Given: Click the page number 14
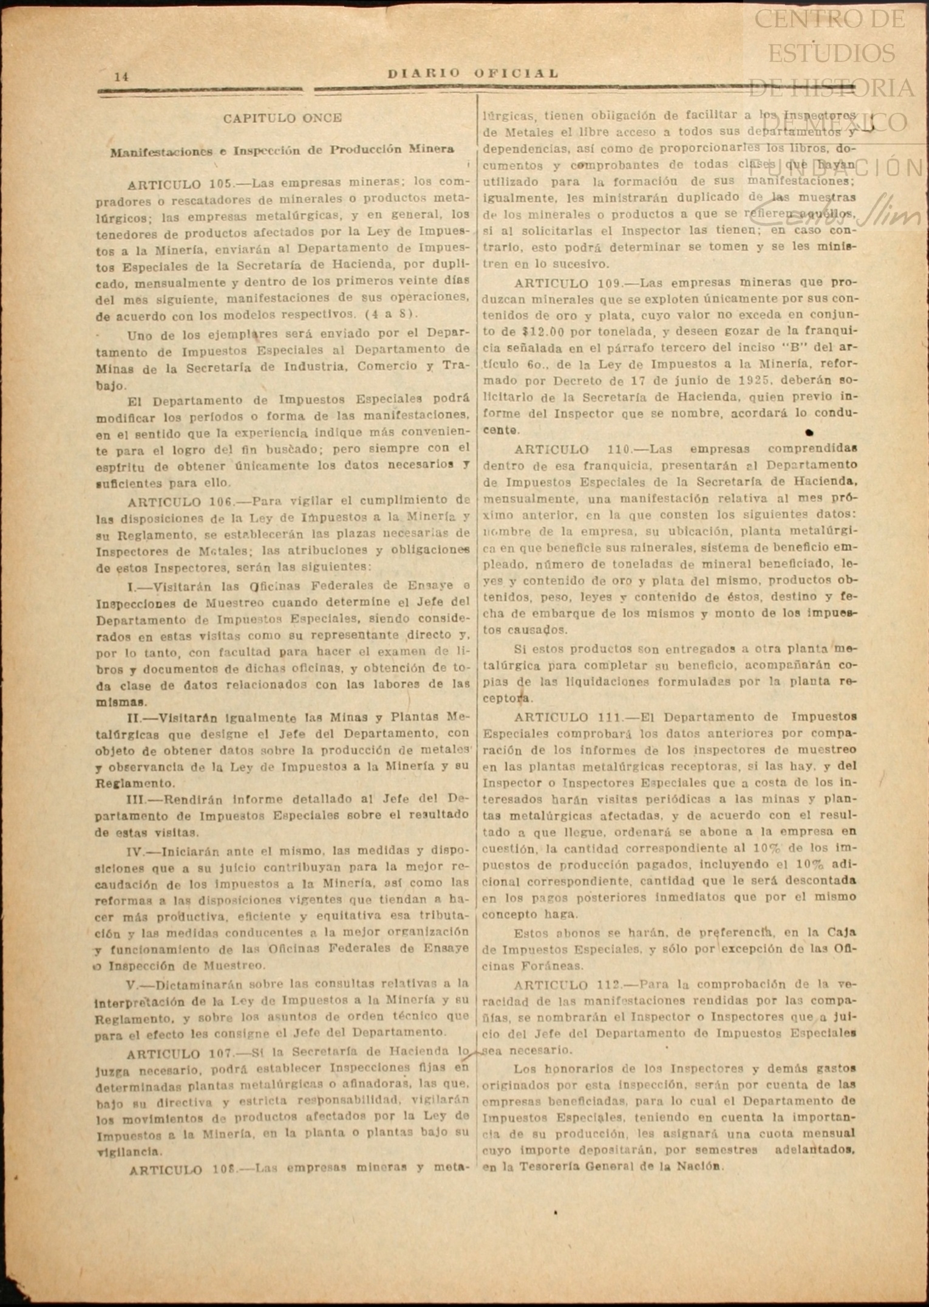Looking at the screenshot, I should pos(121,77).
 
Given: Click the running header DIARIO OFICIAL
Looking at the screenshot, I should pos(473,74).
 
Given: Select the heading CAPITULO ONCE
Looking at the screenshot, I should pos(282,118).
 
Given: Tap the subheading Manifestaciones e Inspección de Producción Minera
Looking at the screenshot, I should pos(282,150).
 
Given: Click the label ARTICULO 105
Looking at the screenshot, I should pos(181,183).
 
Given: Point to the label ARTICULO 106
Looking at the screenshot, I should pos(181,502).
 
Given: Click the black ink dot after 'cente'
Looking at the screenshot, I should pos(809,433).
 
